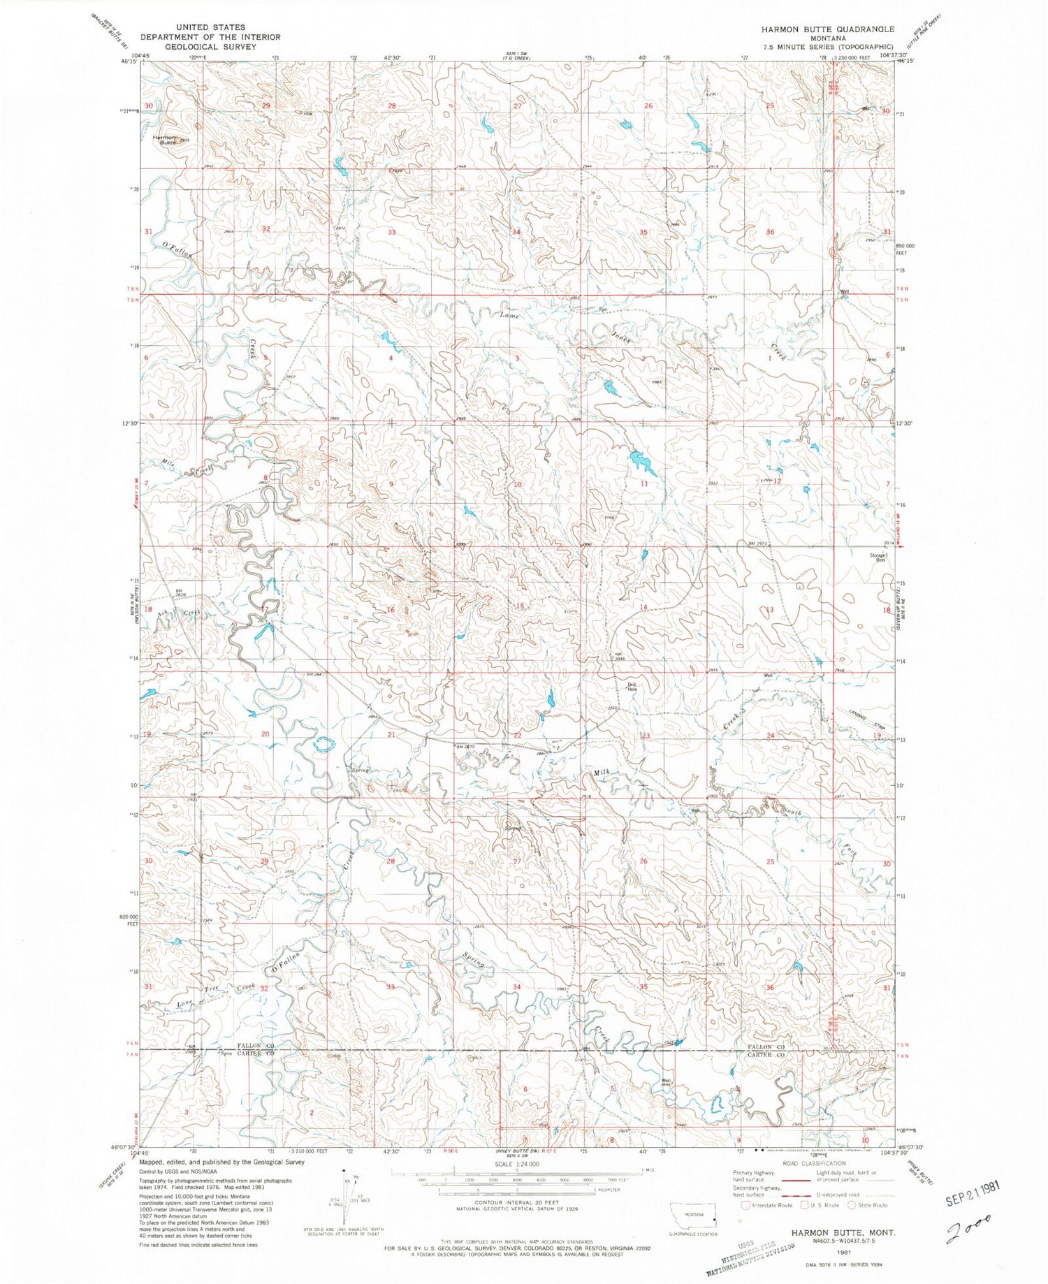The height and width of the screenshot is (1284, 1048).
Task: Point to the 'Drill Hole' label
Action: point(632,686)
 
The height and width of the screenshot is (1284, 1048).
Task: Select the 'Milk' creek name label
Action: point(602,772)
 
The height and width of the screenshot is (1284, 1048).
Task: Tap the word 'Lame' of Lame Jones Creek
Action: point(509,315)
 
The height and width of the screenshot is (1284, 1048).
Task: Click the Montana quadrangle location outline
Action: point(693,1216)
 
